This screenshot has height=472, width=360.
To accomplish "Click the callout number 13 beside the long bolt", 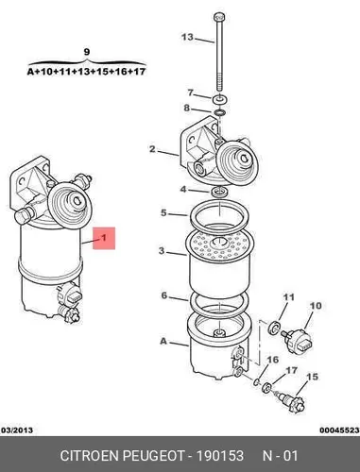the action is tap(187, 37).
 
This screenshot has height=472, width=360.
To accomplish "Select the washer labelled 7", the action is tap(219, 99).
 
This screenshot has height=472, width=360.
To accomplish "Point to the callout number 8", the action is tap(187, 108).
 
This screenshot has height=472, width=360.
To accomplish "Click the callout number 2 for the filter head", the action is tap(152, 149).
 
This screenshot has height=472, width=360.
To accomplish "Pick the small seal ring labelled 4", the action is tap(218, 192).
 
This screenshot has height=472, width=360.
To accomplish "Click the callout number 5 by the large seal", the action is tap(163, 212).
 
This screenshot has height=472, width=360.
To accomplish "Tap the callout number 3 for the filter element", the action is tap(162, 251).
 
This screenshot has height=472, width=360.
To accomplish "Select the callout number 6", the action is tap(164, 295).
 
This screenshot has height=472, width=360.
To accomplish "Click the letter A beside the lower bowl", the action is tap(163, 341).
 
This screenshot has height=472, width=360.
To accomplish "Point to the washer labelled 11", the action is tap(274, 327).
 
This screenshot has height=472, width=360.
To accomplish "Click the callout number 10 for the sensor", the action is tap(316, 306).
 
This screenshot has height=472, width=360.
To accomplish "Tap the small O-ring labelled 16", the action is tap(257, 381).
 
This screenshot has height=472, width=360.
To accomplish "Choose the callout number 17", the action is tap(291, 370).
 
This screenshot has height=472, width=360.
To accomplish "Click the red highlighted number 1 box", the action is tap(104, 238).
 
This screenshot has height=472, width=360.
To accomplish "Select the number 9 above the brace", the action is tap(87, 52).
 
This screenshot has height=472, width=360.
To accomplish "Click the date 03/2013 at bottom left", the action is tap(18, 430).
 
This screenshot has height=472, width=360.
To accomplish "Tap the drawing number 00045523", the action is tap(339, 430).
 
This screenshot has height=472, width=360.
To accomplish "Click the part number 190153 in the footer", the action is tap(220, 455).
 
